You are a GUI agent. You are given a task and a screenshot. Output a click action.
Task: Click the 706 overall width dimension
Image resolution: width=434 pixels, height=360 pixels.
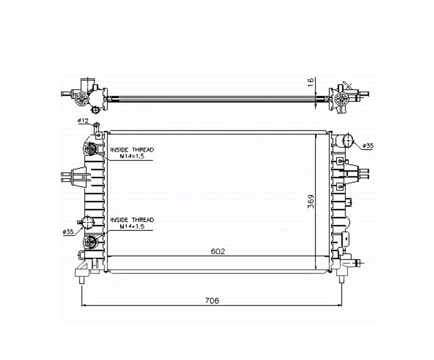212,300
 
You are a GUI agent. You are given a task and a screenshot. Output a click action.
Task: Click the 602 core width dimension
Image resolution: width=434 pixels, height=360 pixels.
218,251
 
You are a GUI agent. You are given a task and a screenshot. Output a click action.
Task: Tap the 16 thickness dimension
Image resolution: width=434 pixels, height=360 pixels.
311,82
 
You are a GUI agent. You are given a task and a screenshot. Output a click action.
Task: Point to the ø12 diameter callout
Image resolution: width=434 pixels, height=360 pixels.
83,121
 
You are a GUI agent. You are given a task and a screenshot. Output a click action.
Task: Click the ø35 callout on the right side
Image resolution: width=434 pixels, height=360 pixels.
368,146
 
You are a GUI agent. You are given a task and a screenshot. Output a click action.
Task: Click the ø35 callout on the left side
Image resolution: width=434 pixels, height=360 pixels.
68,232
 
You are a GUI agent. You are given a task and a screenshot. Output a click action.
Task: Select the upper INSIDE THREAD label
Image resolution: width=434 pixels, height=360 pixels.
132,150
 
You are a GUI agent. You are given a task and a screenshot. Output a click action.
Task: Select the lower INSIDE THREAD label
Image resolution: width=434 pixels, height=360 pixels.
132,220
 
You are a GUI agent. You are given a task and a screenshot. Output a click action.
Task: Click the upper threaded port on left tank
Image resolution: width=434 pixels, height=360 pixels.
90,149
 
